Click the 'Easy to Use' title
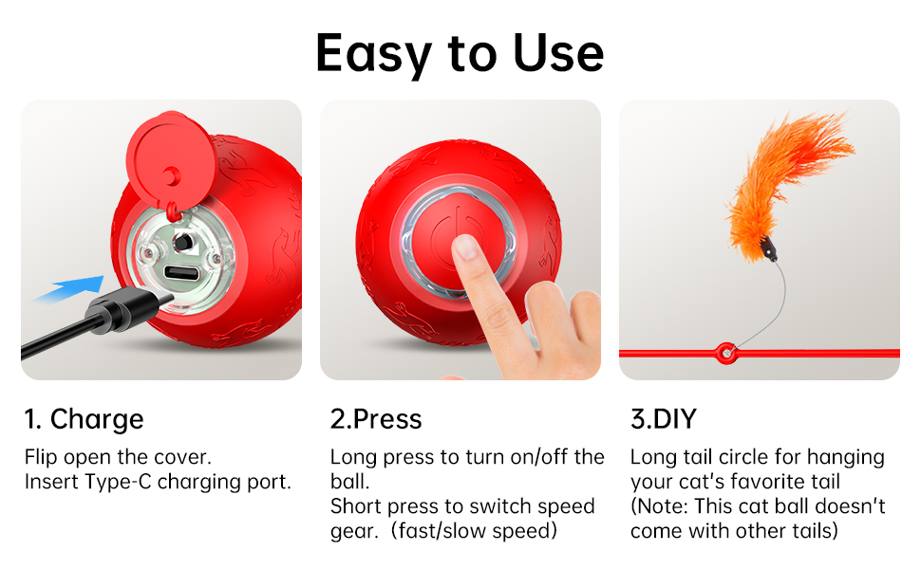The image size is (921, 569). click(460, 52)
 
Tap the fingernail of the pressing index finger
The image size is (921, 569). click(466, 248)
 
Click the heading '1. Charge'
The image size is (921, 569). click(85, 419)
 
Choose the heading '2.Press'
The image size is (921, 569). click(376, 419)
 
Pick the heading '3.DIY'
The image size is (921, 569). click(663, 419)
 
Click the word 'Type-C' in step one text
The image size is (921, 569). click(118, 481)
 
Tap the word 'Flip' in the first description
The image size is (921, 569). click(42, 456)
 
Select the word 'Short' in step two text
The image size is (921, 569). click(357, 506)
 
